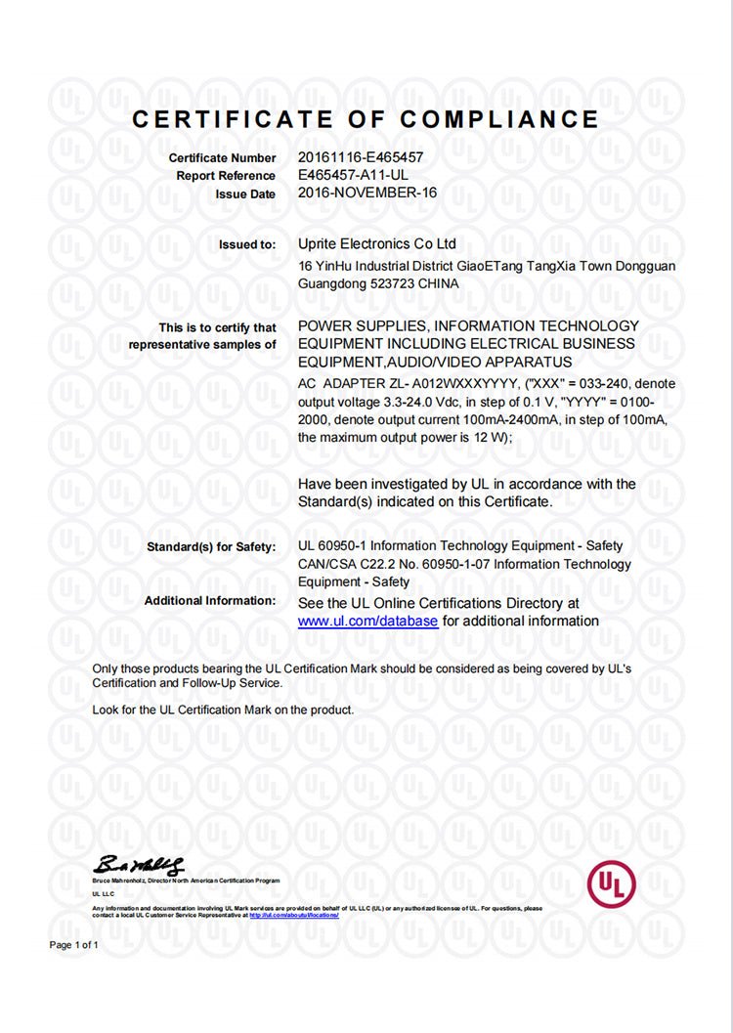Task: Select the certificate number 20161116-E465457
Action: (361, 157)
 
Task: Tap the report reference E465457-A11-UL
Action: (353, 175)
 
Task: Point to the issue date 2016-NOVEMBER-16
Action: (366, 194)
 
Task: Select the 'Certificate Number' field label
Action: (222, 157)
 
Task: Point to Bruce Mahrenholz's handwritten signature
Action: (138, 865)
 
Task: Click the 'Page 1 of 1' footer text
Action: (74, 945)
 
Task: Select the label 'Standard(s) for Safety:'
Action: (211, 546)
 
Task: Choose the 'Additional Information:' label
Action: (210, 600)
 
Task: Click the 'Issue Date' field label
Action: (245, 194)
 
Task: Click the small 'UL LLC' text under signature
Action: (103, 893)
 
